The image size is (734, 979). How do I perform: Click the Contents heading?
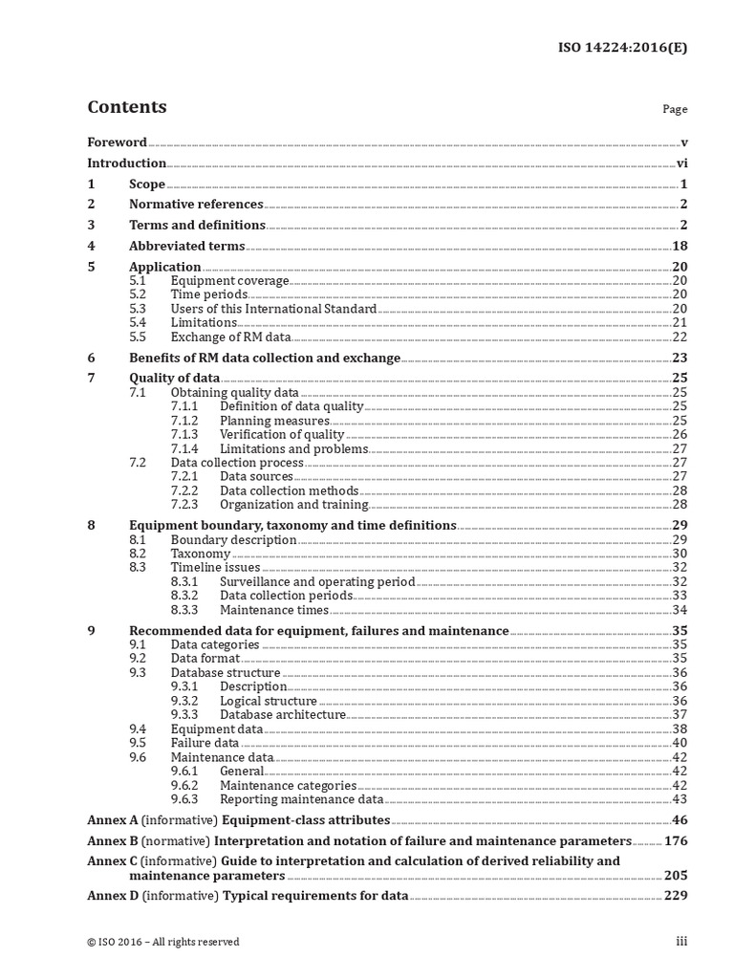pyautogui.click(x=126, y=107)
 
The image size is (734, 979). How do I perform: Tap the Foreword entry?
pyautogui.click(x=117, y=142)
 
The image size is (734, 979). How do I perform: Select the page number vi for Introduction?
pyautogui.click(x=682, y=163)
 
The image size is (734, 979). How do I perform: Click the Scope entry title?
pyautogui.click(x=147, y=185)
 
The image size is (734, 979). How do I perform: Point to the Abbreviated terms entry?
pyautogui.click(x=187, y=246)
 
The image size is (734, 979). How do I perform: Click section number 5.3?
pyautogui.click(x=138, y=309)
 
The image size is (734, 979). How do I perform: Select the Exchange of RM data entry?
pyautogui.click(x=230, y=337)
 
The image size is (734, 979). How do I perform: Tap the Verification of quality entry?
pyautogui.click(x=282, y=434)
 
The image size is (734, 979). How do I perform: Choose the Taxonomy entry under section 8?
pyautogui.click(x=201, y=554)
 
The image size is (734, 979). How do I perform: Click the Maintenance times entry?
pyautogui.click(x=273, y=609)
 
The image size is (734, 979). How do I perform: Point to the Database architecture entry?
pyautogui.click(x=283, y=714)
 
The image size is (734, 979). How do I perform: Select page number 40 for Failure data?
pyautogui.click(x=680, y=743)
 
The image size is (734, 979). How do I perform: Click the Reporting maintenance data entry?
pyautogui.click(x=301, y=799)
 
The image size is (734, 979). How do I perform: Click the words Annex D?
pyautogui.click(x=112, y=896)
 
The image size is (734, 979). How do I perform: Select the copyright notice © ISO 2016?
pyautogui.click(x=162, y=942)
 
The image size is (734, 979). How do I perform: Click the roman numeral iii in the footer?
pyautogui.click(x=681, y=942)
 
